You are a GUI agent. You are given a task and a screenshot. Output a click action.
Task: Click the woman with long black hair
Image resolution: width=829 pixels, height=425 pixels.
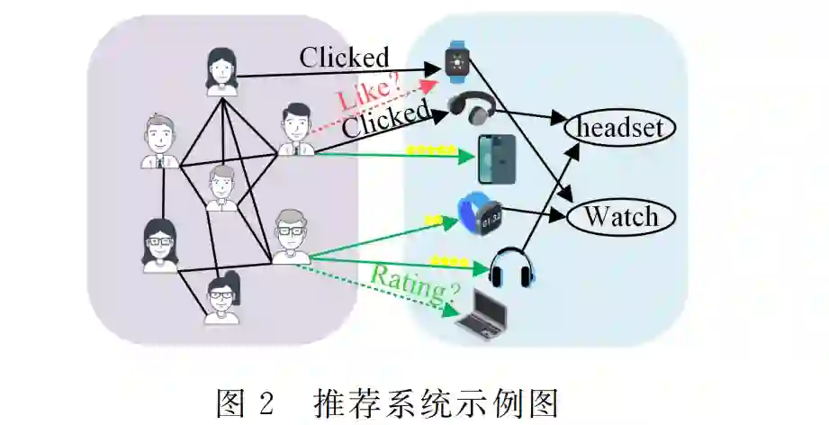point(220,70)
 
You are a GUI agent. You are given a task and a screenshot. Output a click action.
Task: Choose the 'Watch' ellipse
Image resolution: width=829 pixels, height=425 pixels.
point(622,216)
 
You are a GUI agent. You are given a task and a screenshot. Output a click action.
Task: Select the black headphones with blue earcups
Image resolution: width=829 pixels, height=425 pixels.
point(512,267)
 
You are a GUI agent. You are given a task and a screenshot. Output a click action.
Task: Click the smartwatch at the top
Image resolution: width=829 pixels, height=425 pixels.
point(458,61)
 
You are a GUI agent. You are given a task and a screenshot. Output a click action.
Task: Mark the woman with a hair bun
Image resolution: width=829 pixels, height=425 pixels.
point(221,297)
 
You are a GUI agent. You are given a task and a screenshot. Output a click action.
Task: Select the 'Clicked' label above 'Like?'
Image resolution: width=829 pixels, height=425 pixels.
point(344,58)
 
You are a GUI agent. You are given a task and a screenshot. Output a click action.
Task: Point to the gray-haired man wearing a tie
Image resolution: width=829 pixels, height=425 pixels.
point(160,142)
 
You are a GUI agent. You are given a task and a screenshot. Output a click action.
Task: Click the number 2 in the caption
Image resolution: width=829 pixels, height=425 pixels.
point(264,400)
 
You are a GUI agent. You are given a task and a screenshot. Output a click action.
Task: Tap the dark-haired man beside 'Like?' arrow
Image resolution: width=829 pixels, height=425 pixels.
point(293,130)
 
